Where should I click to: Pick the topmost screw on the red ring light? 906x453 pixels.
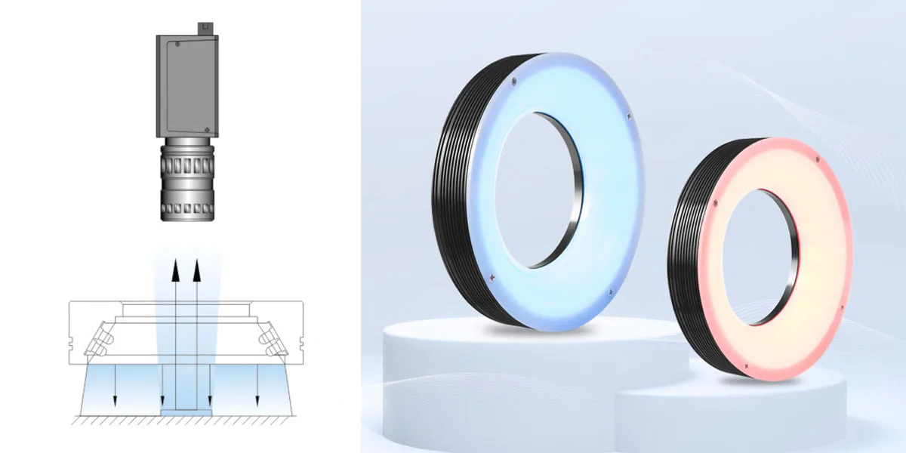tap(816, 158)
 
